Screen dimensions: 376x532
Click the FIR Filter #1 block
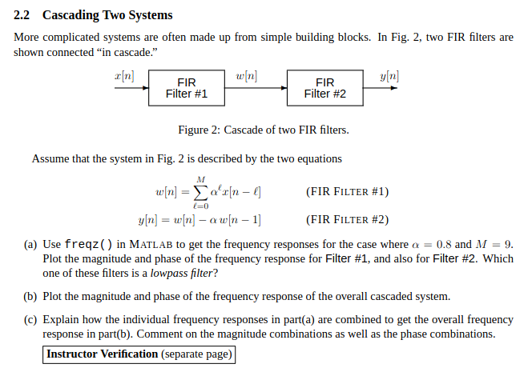pyautogui.click(x=187, y=88)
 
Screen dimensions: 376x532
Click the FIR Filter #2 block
pyautogui.click(x=325, y=88)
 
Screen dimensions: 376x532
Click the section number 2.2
pyautogui.click(x=23, y=15)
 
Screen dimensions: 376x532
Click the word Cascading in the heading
pyautogui.click(x=72, y=15)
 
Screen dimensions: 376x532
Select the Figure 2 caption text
pyautogui.click(x=263, y=130)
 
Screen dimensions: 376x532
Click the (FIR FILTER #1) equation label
pyautogui.click(x=347, y=192)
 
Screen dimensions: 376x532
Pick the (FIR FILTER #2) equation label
pyautogui.click(x=347, y=220)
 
